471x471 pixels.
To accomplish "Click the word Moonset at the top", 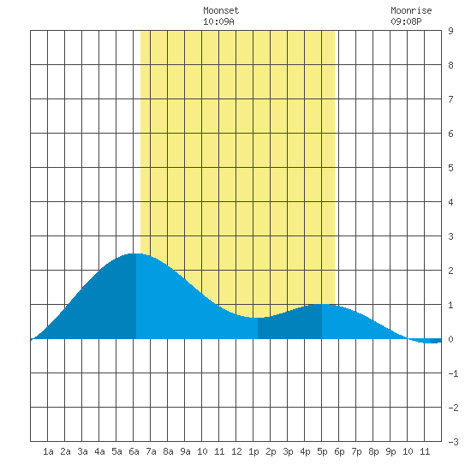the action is coord(221,10).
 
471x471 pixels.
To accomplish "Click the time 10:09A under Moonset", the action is coord(218,21).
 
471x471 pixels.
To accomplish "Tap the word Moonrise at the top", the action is coord(411,10).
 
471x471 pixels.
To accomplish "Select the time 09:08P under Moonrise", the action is coord(406,21).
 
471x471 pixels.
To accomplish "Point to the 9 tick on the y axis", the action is coord(450,31).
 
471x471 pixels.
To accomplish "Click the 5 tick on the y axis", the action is coord(450,168).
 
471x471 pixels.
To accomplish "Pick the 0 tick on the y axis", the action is coord(450,339).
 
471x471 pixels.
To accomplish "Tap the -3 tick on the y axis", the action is coord(453,442).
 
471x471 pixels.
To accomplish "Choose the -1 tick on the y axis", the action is coord(453,373).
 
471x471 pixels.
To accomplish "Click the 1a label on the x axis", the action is coord(48,451).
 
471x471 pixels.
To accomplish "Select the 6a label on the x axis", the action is coord(134,451).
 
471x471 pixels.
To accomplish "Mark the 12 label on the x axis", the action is coord(236,451).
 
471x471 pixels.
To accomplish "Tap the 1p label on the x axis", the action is coord(253,451).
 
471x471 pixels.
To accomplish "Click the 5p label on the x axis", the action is coord(322,451).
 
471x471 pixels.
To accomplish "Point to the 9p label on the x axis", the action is coord(391,451).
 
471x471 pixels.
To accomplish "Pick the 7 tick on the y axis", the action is coord(450,99).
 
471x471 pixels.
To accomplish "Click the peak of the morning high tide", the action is coord(134,253).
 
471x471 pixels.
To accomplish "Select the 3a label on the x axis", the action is coord(82,451).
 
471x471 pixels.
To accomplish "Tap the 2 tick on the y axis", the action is coord(450,271).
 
